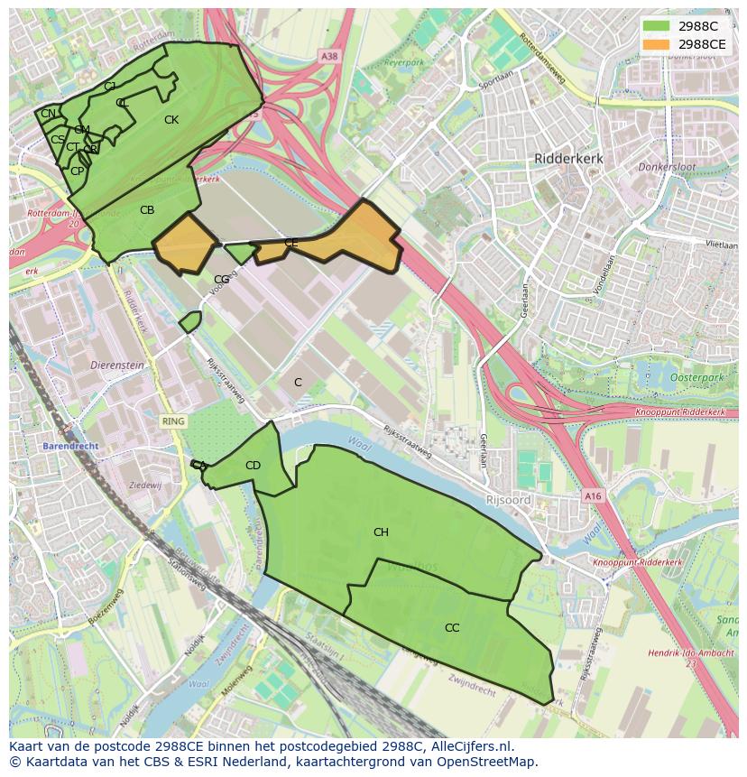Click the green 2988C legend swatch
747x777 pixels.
657,25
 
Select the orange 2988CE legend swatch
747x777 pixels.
657,43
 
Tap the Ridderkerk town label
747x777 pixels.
568,158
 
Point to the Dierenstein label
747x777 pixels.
117,365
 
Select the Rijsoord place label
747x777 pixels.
509,499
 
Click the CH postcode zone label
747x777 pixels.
381,532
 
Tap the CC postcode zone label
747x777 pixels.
452,627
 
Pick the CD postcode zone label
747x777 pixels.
253,466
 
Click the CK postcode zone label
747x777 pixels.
171,120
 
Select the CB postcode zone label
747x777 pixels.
147,210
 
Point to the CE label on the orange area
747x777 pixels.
290,243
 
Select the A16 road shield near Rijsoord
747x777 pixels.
592,496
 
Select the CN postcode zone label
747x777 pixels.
48,113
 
